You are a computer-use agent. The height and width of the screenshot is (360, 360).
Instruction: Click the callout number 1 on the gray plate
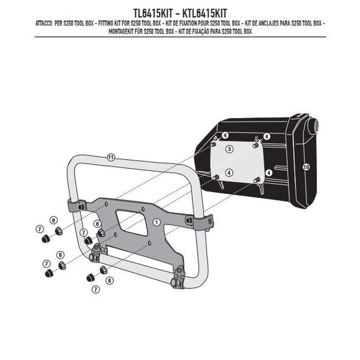pyautogui.click(x=157, y=222)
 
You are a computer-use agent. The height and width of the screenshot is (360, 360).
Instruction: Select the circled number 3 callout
pyautogui.click(x=229, y=149)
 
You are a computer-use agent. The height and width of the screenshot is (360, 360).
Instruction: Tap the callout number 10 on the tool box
pyautogui.click(x=306, y=167)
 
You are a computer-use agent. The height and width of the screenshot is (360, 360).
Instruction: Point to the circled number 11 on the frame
pyautogui.click(x=111, y=157)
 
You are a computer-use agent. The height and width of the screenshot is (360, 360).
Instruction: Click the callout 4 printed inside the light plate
pyautogui.click(x=229, y=172)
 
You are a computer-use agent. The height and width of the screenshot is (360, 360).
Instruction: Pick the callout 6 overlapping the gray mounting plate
pyautogui.click(x=97, y=224)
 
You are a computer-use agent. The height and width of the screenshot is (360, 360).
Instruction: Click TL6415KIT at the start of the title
pyautogui.click(x=153, y=13)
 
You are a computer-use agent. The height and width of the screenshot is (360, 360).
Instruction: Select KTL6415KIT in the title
pyautogui.click(x=205, y=13)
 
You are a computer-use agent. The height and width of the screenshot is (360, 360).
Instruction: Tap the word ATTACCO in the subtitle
pyautogui.click(x=44, y=24)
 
